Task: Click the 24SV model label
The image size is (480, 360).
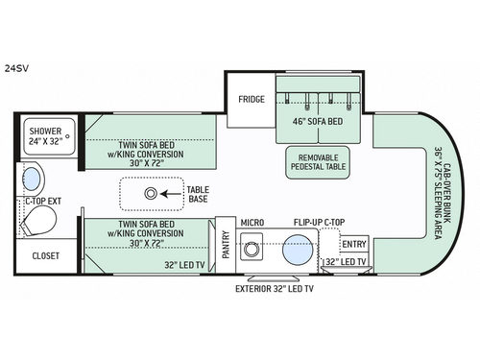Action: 17,68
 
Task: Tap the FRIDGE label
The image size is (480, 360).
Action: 252,99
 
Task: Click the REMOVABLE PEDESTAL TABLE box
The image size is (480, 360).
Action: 317,160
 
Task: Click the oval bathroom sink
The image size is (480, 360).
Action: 32,179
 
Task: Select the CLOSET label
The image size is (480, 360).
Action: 45,256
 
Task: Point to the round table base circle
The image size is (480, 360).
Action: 150,193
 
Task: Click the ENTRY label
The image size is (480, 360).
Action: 354,244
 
